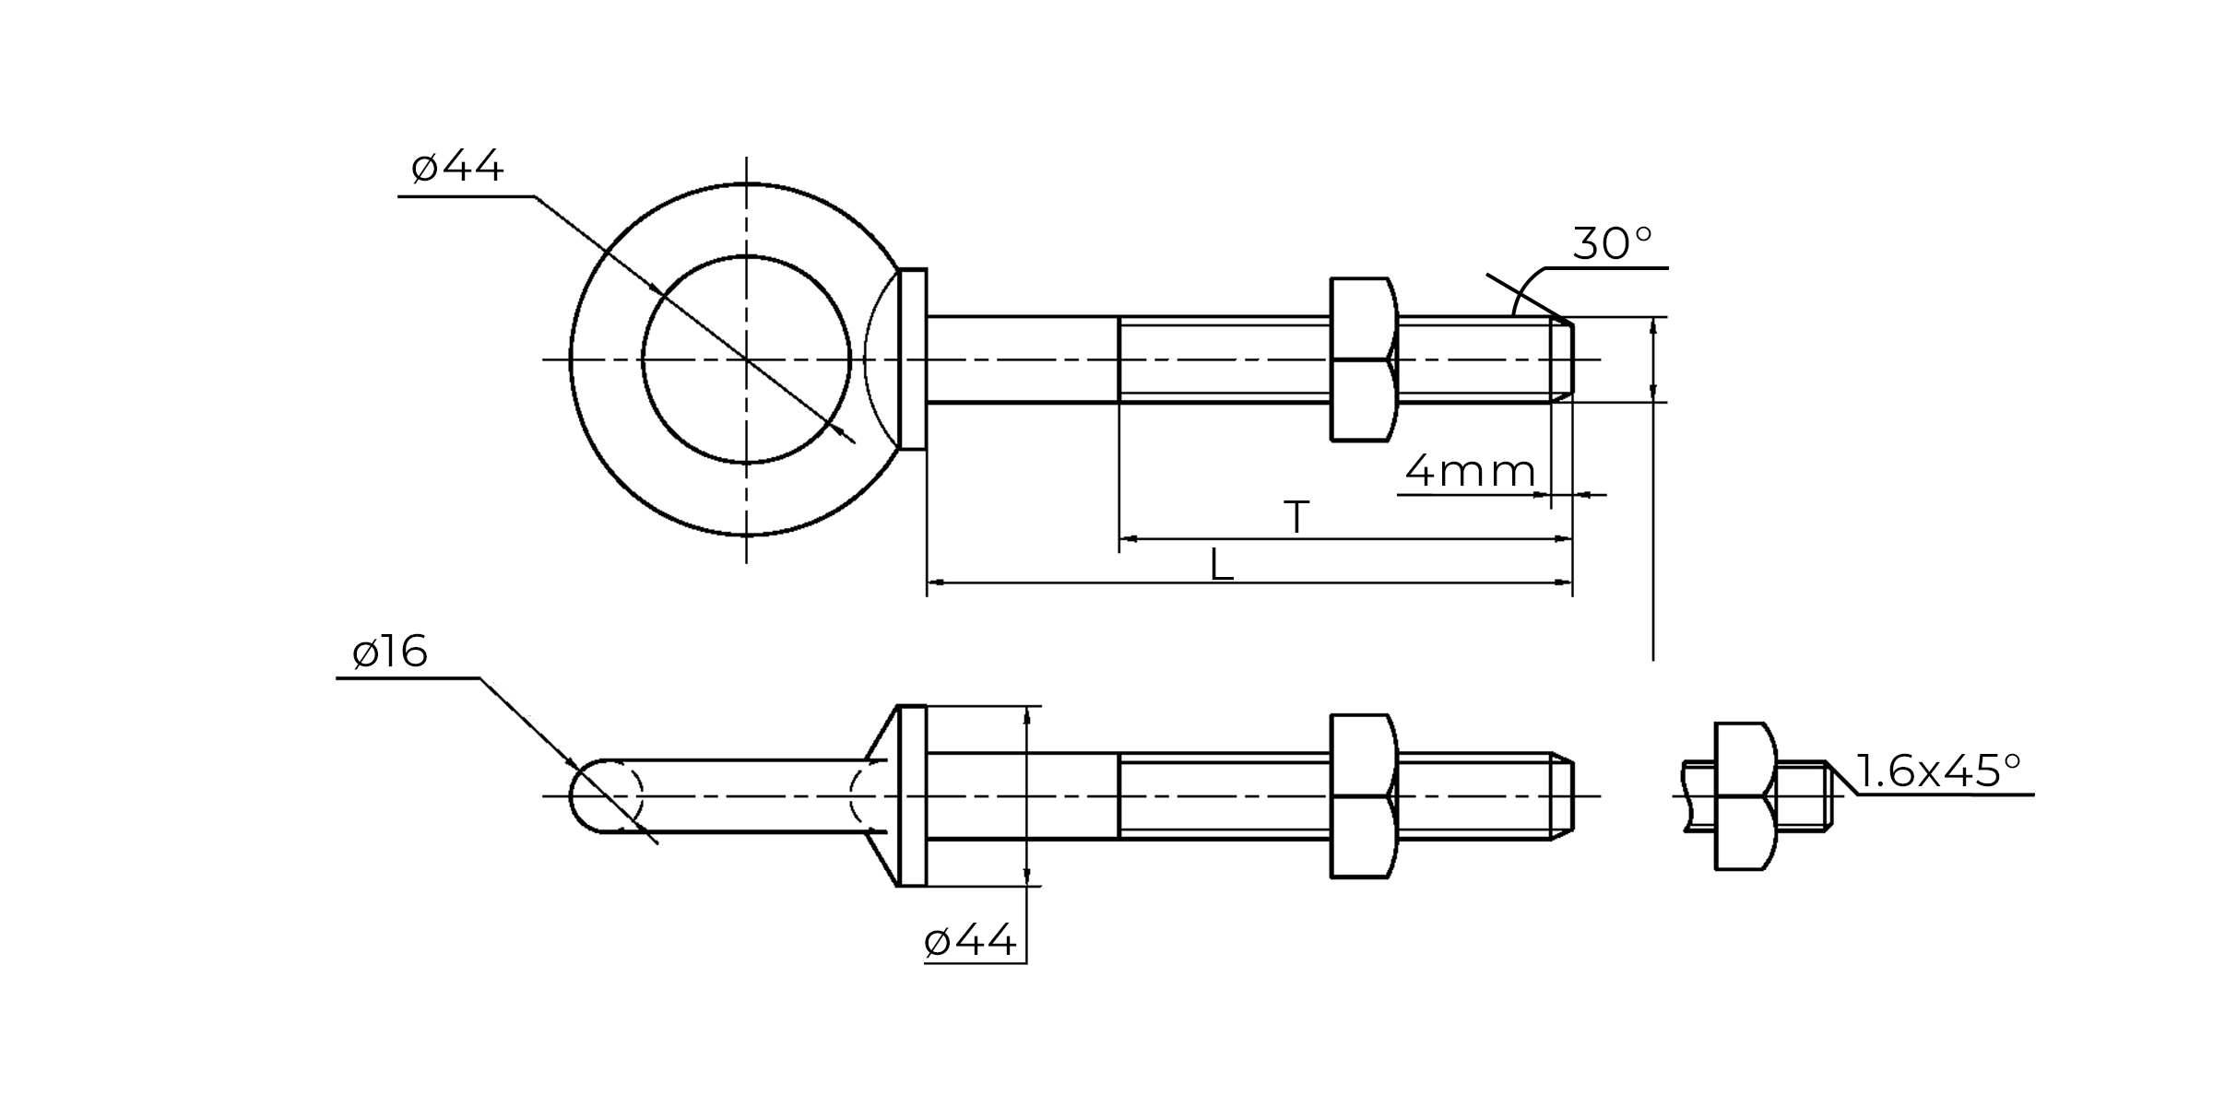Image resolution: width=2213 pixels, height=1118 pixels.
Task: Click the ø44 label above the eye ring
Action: coord(458,167)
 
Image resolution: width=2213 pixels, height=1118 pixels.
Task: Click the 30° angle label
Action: coord(1611,243)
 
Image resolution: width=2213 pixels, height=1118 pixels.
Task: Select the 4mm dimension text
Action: coord(1469,472)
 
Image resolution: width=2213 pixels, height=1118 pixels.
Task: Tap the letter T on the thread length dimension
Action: coord(1296,516)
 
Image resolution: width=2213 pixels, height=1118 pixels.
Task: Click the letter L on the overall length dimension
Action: coord(1221,565)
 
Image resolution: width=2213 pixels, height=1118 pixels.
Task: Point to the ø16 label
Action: coord(390,653)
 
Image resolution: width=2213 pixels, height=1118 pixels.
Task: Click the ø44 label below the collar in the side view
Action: coord(970,941)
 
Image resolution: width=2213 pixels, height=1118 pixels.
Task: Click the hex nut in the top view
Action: coord(1363,359)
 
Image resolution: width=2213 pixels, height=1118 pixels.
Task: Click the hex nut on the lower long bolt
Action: coord(1363,796)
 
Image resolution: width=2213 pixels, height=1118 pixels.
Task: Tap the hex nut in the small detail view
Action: coord(1743,796)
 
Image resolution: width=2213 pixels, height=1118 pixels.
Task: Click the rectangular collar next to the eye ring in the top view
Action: coord(912,359)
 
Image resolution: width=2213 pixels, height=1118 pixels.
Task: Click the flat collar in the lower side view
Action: coord(912,796)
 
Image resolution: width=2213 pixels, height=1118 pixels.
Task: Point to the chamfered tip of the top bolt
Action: coord(1562,359)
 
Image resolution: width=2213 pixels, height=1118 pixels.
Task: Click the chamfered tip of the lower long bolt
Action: coord(1562,796)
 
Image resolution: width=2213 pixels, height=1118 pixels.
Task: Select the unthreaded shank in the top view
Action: coord(1022,359)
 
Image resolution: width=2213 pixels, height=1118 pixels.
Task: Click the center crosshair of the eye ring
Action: coord(746,359)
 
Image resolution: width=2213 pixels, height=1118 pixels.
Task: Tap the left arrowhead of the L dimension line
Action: coord(935,583)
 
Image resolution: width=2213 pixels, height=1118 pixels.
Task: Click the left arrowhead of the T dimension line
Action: coord(1128,538)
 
